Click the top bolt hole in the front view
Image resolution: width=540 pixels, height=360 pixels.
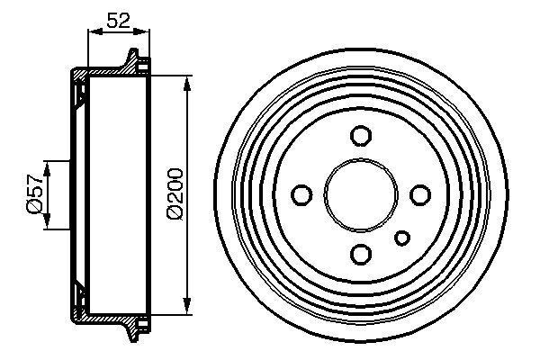(x=360, y=136)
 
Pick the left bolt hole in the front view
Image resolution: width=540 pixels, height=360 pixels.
(x=301, y=194)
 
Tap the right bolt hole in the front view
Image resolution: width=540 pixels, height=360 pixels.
(x=418, y=194)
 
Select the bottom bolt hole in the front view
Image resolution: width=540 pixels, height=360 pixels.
(x=360, y=253)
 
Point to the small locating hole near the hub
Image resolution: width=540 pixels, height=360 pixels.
(x=402, y=238)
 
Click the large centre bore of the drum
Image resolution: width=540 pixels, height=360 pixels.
(x=360, y=194)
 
